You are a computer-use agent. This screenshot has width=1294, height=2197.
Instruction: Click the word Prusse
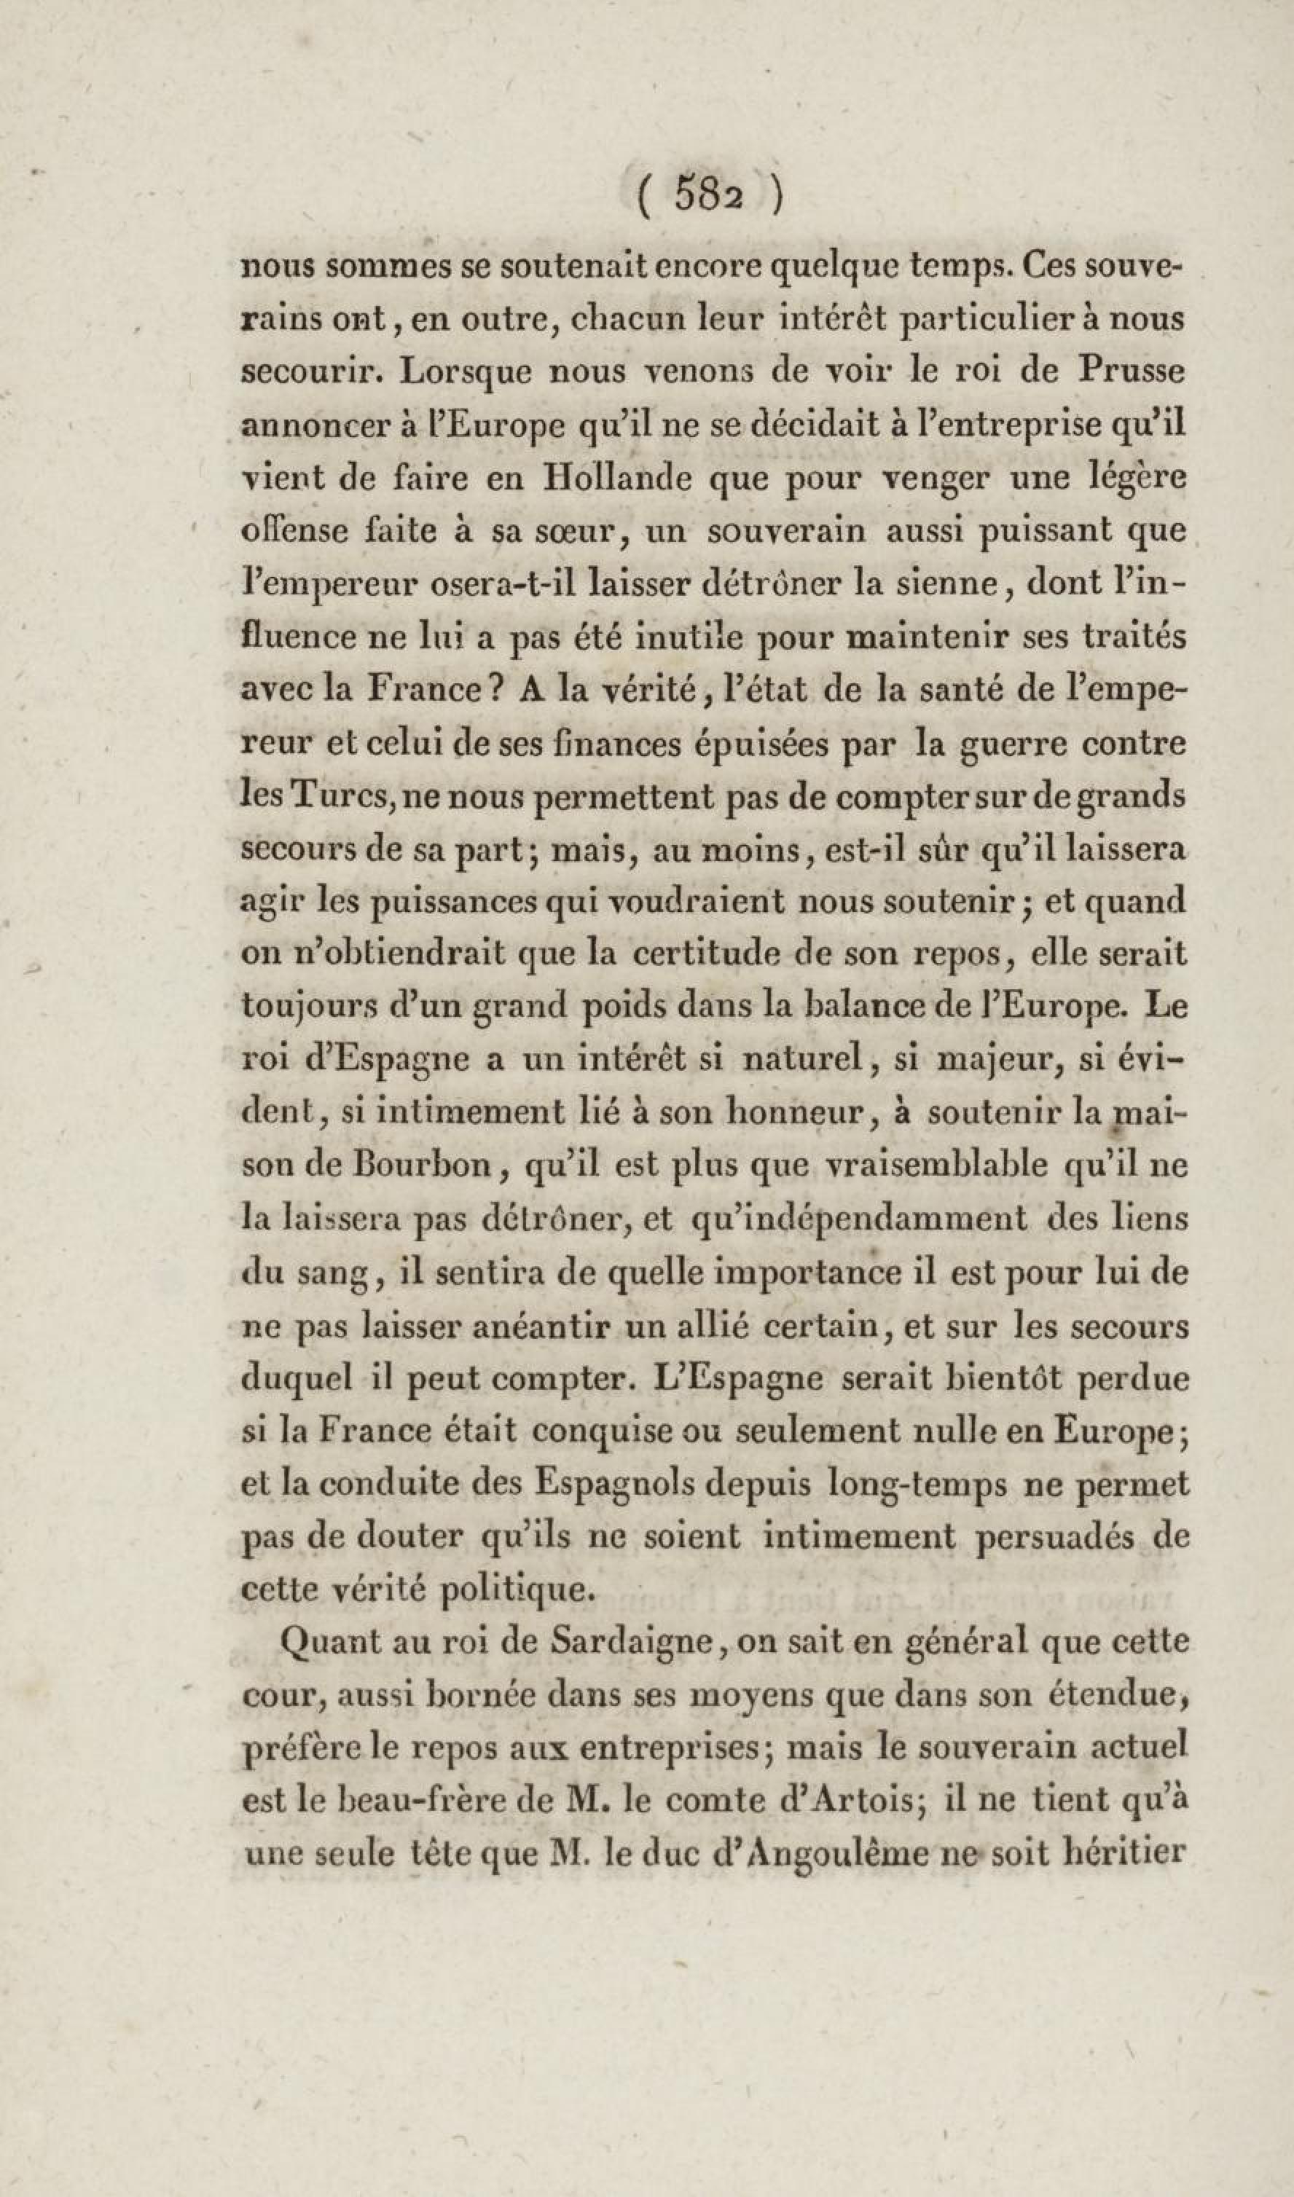[1131, 372]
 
